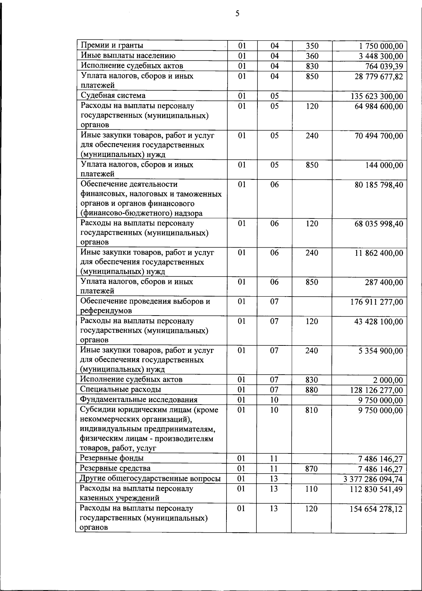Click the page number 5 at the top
(x=237, y=14)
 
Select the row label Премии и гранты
(x=112, y=45)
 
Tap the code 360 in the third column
(x=312, y=56)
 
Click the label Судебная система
(x=113, y=96)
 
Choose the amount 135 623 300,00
(x=377, y=96)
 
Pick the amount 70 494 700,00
(x=379, y=136)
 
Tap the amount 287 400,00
(x=384, y=282)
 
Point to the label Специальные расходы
(x=120, y=389)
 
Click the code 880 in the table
(x=312, y=390)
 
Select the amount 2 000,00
(x=388, y=380)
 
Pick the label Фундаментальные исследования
(x=139, y=400)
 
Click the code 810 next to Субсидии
(x=312, y=410)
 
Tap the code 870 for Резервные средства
(x=312, y=469)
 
